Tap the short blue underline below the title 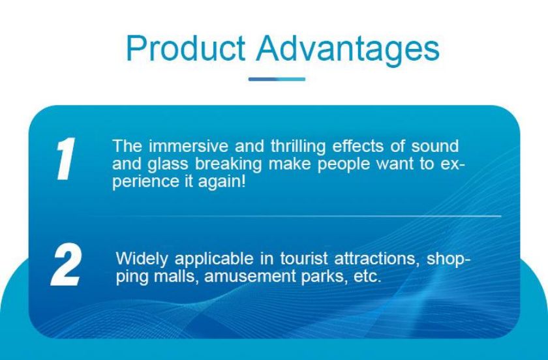(277, 80)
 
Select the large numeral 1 (65, 159)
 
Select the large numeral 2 (67, 265)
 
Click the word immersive (189, 145)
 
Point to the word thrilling (298, 147)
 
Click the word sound (434, 145)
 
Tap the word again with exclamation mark (222, 183)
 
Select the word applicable (214, 260)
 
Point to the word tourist (304, 259)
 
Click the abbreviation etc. (367, 277)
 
